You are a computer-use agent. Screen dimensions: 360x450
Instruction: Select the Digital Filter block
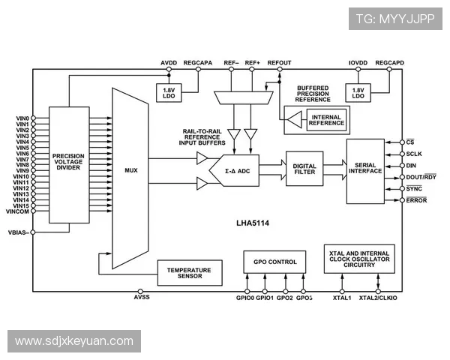click(304, 169)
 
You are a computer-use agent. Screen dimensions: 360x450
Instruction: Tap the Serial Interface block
click(365, 170)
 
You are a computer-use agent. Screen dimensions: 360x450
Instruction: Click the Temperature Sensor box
click(189, 273)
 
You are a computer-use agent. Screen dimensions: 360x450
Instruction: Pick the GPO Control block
click(274, 262)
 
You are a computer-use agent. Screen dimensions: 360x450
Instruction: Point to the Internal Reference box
click(327, 120)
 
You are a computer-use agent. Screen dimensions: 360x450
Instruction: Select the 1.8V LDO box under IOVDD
click(358, 92)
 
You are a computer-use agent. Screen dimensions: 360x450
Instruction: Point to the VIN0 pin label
click(22, 118)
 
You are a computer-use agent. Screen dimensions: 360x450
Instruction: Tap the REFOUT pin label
click(279, 63)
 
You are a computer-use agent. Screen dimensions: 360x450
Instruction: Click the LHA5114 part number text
click(251, 223)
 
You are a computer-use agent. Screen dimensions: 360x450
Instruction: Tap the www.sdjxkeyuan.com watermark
click(74, 341)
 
